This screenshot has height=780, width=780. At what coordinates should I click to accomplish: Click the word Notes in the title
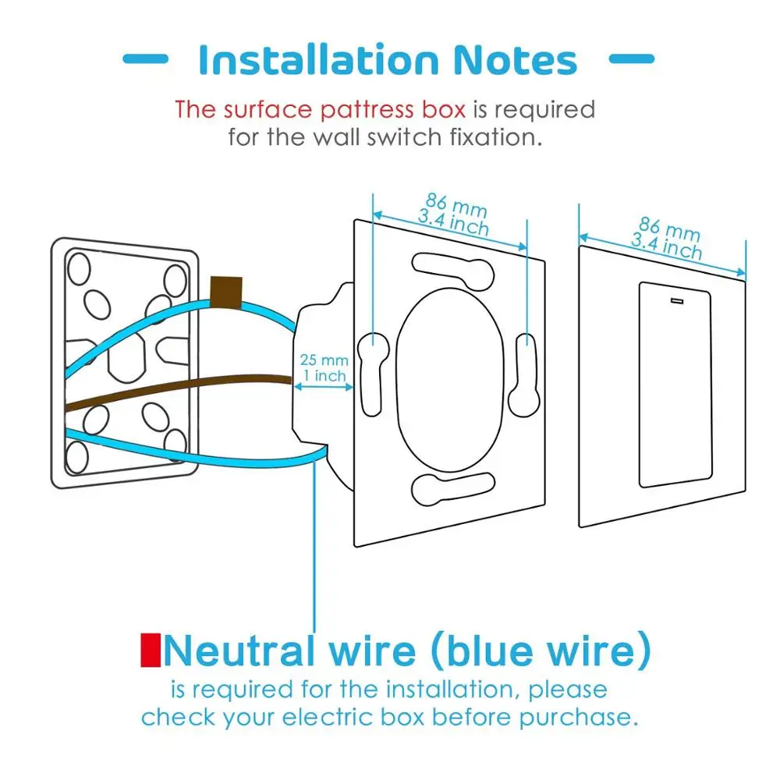(x=512, y=60)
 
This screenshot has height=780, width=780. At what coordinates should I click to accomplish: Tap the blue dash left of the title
(x=145, y=58)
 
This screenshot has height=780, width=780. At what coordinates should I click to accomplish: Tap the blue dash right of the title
(x=630, y=58)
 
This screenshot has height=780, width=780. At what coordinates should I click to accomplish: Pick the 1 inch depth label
(x=324, y=377)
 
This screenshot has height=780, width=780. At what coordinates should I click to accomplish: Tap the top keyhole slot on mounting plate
(x=452, y=269)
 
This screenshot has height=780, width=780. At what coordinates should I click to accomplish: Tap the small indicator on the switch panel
(x=675, y=300)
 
